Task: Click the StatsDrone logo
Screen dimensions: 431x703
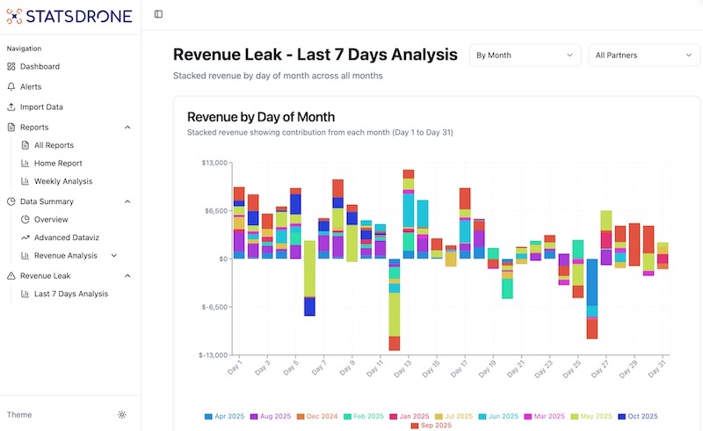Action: pos(69,15)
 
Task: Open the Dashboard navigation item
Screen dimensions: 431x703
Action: pos(40,67)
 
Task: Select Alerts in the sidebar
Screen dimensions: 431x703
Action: pos(31,87)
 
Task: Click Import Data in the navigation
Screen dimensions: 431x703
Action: pos(41,107)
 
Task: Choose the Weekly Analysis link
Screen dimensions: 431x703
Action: pos(63,181)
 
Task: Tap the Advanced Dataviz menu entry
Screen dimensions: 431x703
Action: pos(70,237)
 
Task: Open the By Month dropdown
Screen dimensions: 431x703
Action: pos(525,55)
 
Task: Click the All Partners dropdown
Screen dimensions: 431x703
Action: pos(643,55)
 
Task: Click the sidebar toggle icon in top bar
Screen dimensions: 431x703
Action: pos(158,14)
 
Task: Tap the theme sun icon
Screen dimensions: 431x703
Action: pos(121,415)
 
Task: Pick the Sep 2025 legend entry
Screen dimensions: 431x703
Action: pos(430,426)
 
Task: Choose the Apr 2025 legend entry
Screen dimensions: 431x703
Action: pos(226,416)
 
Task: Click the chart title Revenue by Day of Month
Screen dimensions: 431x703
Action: pos(261,117)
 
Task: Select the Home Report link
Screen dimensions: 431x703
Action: pos(58,164)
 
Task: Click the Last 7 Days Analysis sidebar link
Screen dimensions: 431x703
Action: pos(70,294)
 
